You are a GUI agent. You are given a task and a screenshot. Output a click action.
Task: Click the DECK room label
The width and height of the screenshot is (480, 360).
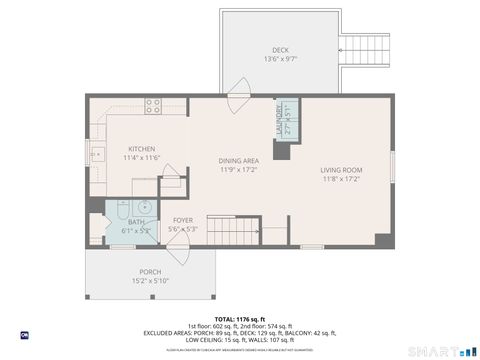(280, 51)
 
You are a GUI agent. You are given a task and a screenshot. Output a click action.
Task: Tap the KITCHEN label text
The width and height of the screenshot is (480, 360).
(142, 149)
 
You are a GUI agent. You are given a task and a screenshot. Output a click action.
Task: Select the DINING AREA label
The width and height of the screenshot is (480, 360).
(239, 161)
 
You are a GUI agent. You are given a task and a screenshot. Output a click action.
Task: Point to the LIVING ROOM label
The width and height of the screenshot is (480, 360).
(341, 170)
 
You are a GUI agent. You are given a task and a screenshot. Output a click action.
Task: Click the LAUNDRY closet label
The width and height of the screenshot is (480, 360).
(280, 121)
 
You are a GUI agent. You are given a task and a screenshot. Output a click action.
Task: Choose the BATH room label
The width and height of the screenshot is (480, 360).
(136, 222)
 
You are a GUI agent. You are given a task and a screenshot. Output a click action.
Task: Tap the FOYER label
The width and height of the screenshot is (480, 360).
(183, 220)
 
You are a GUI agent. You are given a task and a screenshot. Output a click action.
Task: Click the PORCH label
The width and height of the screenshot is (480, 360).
(150, 272)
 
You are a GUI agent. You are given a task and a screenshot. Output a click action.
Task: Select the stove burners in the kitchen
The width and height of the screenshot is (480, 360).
(153, 103)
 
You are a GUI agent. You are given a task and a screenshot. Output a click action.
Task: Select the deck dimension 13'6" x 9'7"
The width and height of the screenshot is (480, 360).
(280, 60)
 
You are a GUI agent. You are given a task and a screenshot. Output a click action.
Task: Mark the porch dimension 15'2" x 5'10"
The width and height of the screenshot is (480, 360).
(150, 281)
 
